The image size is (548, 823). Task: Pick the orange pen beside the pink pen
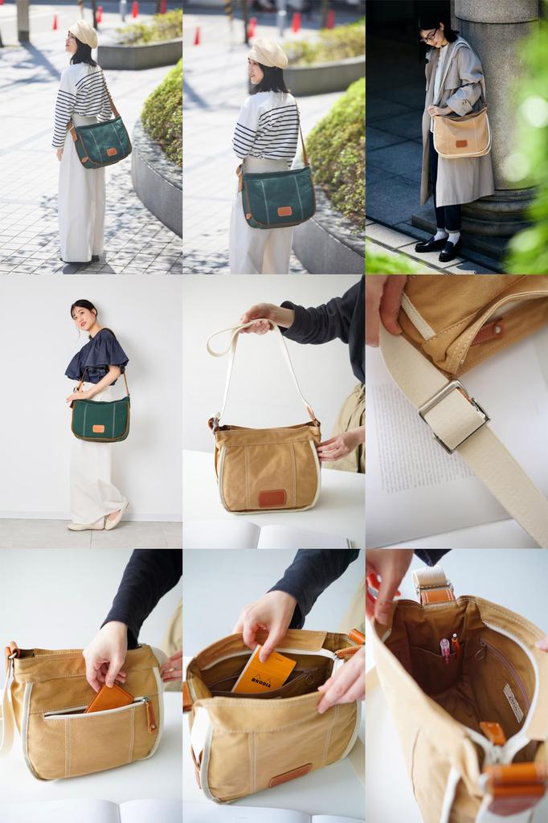(456, 644)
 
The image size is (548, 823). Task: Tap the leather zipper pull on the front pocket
(150, 714)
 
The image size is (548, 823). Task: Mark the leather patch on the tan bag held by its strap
(272, 497)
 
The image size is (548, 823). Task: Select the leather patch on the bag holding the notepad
(289, 775)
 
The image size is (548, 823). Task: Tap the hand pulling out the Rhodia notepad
(264, 619)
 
